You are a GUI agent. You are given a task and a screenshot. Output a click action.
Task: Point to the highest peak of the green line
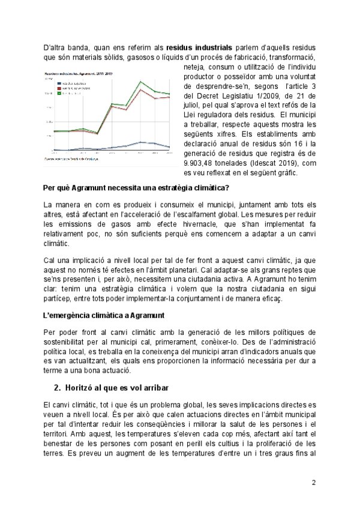point(140,82)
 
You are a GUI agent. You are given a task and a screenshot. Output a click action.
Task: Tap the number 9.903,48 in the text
point(200,163)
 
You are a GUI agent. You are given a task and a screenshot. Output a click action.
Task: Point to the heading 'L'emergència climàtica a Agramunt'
point(105,315)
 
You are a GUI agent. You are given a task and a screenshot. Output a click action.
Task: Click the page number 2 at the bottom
point(313,483)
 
